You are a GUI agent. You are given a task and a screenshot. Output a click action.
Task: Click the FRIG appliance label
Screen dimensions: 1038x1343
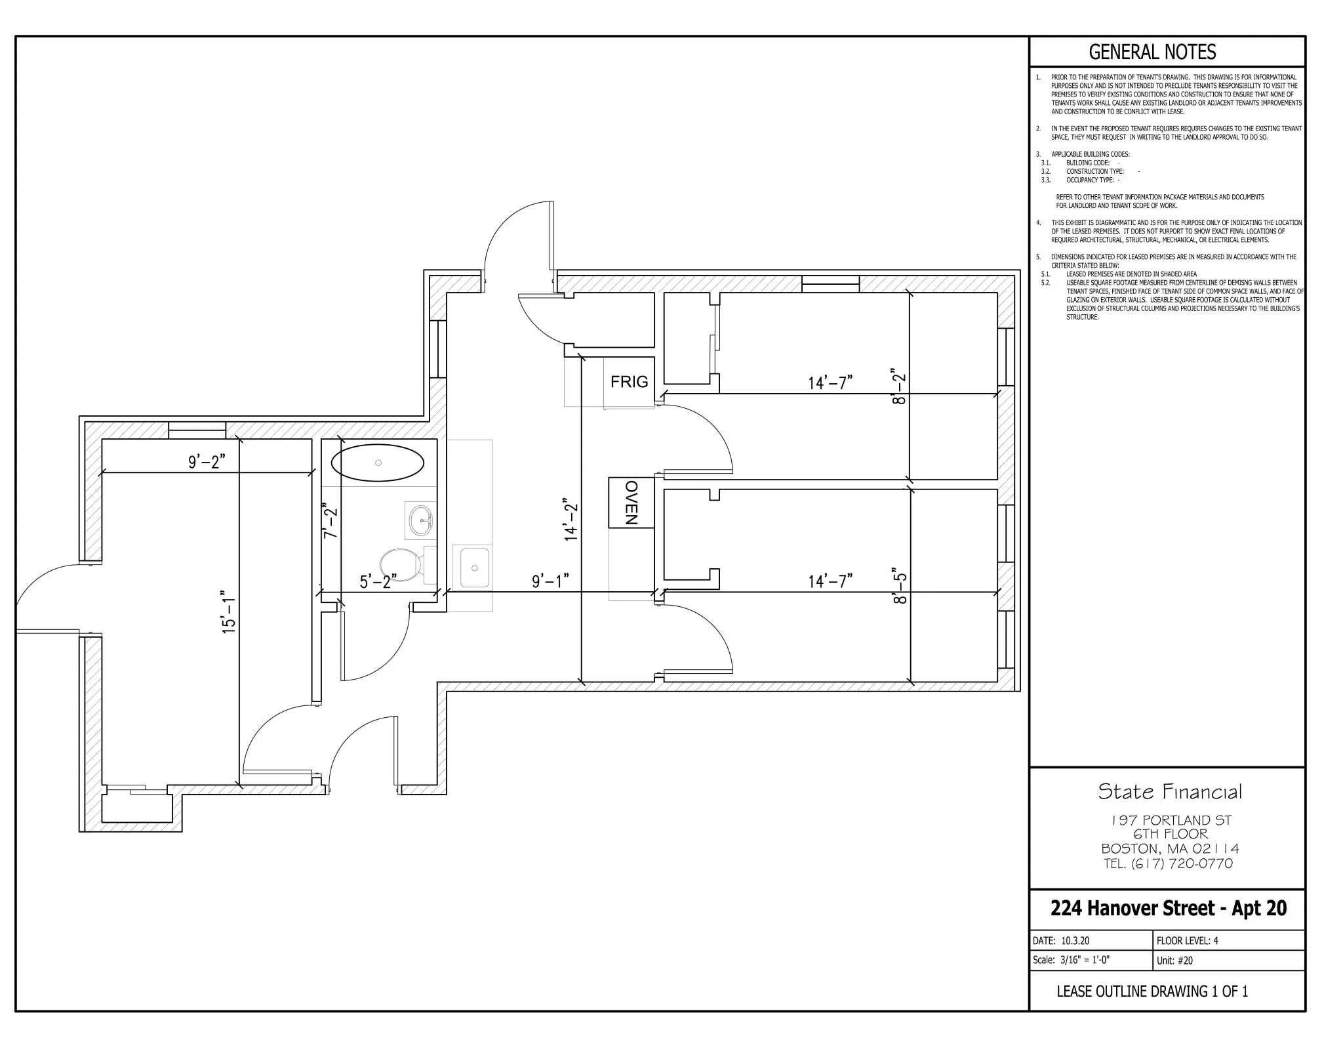coord(629,382)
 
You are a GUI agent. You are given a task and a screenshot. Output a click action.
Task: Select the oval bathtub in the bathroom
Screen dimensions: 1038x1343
coord(378,463)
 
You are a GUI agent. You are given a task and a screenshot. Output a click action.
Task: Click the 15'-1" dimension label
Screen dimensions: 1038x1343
coord(228,610)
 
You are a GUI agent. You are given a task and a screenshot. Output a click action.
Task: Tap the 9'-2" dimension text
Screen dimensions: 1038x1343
coord(207,462)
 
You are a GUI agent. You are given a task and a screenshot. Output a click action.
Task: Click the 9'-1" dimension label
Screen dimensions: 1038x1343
coord(550,581)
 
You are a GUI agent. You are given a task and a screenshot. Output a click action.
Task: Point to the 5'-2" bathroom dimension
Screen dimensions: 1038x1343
coord(378,581)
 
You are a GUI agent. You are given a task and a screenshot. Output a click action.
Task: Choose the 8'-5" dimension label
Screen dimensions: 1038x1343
coord(900,585)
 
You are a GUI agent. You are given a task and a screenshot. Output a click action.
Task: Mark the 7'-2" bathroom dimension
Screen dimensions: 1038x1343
coord(331,520)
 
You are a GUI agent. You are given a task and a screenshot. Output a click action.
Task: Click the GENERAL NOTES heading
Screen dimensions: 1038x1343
coord(1152,52)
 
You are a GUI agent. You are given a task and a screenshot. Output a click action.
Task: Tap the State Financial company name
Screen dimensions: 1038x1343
coord(1169,792)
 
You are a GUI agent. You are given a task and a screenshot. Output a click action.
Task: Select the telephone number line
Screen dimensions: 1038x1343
coord(1168,863)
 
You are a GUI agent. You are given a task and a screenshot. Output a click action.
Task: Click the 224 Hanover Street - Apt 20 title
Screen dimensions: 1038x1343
coord(1168,908)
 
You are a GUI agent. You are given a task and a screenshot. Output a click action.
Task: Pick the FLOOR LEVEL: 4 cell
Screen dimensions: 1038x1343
coord(1187,940)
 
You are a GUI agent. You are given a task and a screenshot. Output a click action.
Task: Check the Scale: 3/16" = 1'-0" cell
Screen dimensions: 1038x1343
coord(1071,960)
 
